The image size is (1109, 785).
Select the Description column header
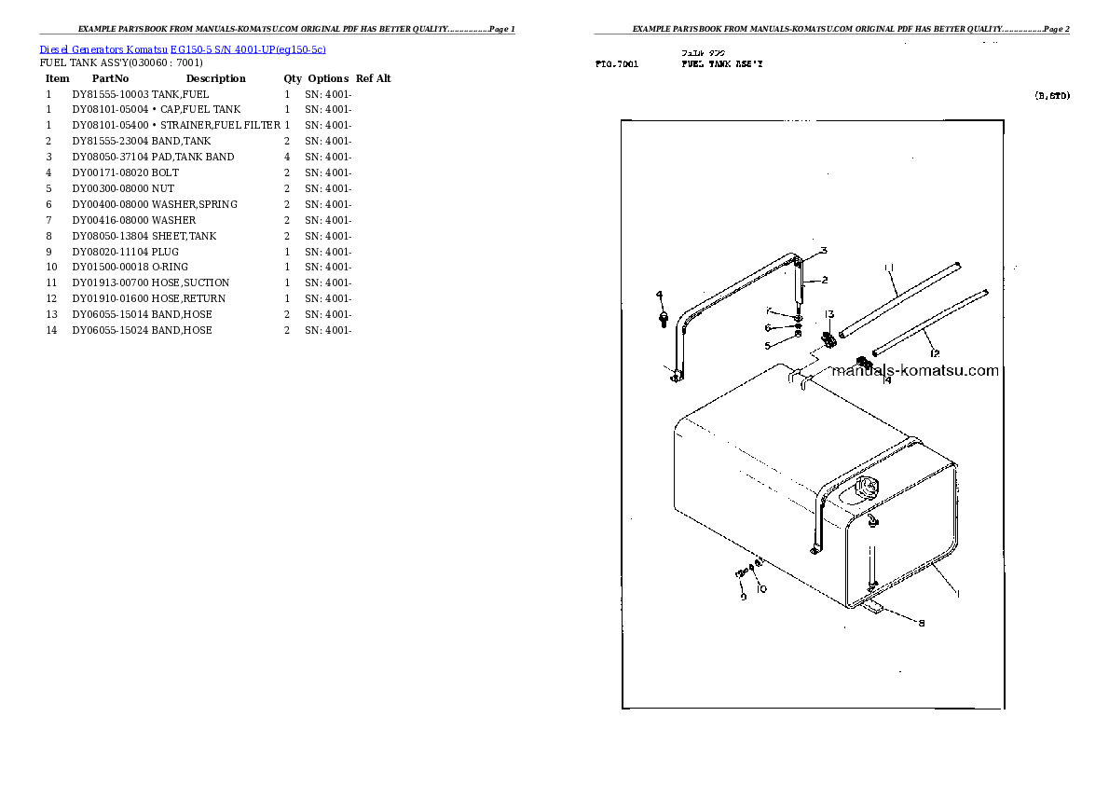click(x=215, y=79)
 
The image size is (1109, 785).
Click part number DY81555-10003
click(x=111, y=94)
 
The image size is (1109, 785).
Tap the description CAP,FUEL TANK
click(x=200, y=110)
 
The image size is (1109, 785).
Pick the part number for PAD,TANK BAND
click(x=111, y=158)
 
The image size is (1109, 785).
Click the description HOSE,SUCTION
click(x=190, y=283)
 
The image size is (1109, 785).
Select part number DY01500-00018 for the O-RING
click(x=111, y=268)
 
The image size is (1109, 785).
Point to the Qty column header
click(x=293, y=79)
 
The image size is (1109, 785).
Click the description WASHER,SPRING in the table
click(x=195, y=205)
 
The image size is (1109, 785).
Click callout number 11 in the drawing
click(x=889, y=269)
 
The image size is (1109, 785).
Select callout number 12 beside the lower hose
click(x=934, y=353)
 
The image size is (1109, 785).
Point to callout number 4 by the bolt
click(x=659, y=296)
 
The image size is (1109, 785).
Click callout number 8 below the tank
click(x=922, y=624)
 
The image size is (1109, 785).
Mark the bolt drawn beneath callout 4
click(x=661, y=320)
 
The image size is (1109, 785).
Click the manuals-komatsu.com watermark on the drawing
click(x=914, y=371)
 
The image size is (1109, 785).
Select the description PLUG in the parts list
click(x=166, y=253)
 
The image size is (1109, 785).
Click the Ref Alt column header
click(x=373, y=79)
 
